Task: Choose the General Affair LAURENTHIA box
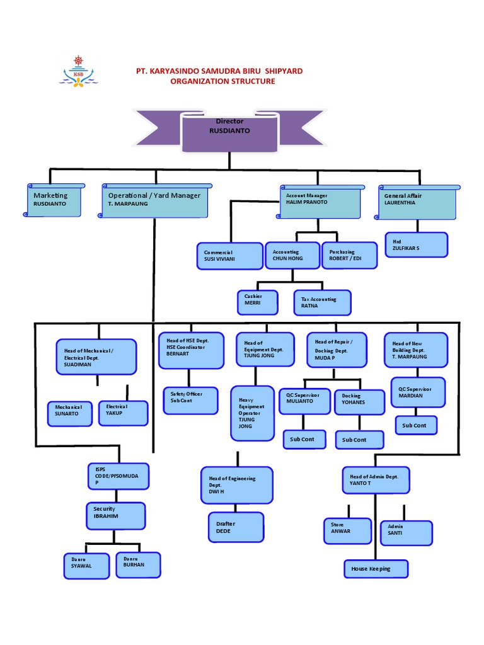coord(416,202)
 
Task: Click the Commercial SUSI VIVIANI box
coord(229,256)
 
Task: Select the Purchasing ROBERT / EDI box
coord(349,255)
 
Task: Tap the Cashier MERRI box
coord(257,302)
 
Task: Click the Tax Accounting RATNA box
coord(322,302)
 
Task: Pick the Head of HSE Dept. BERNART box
coord(190,350)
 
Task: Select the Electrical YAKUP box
coord(123,413)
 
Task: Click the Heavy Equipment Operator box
coord(252,413)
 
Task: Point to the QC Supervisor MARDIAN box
coord(418,392)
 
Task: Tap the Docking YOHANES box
coord(359,402)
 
